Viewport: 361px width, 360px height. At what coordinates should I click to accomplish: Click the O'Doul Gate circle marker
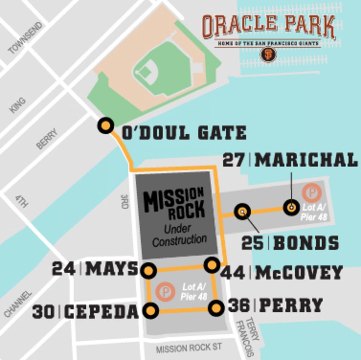coord(105,126)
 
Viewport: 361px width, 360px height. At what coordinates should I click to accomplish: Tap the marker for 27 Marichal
coord(291,208)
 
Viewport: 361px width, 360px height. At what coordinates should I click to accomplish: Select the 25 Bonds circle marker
coord(242,212)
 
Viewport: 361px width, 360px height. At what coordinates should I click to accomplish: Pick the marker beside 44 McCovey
coord(212,264)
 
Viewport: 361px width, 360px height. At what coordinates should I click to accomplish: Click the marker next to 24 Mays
coord(148,271)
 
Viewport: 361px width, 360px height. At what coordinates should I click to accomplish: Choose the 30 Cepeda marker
coord(151,311)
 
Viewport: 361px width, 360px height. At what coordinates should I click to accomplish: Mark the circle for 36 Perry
coord(216,308)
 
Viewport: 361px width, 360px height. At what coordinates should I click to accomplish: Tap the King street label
coord(18,105)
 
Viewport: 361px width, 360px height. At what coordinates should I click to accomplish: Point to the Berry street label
coord(47,139)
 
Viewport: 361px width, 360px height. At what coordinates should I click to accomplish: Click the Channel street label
coord(18,304)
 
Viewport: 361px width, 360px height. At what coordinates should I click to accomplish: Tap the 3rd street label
coord(124,201)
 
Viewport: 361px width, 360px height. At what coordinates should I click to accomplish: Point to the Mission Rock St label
coord(189,348)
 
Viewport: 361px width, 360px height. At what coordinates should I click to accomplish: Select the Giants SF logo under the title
coord(268,54)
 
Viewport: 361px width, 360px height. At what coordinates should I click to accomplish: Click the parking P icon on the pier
coord(312,193)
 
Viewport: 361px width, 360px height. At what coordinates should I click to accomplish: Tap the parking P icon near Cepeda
coord(166,292)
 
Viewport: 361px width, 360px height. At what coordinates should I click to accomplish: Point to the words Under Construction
coord(180,236)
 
